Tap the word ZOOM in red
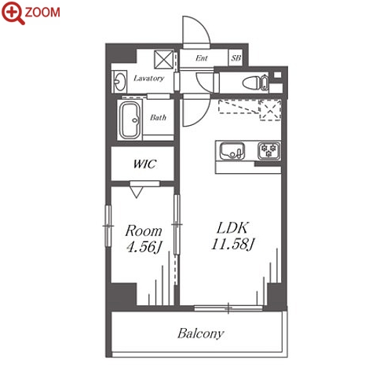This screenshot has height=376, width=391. pos(42,13)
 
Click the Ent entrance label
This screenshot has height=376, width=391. pos(202,58)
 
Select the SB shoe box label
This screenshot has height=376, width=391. pos(236,58)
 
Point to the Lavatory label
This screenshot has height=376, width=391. pos(148,78)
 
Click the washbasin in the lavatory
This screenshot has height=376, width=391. pos(119,82)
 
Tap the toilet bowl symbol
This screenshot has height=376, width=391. pos(255,83)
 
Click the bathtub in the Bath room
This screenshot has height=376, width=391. pos(130,120)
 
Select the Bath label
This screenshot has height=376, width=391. pos(158,117)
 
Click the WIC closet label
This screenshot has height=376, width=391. pos(144,164)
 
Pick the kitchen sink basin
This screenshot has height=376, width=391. pos(232,151)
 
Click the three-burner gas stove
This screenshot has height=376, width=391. pos(269,151)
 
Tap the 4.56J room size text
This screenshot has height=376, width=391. pos(144,247)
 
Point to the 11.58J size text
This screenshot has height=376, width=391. pos(232,244)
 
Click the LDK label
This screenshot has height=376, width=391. pos(232,228)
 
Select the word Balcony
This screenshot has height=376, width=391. pos(201,334)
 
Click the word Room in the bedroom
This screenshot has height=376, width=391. pos(144,231)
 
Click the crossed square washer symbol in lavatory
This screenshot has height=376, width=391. pos(163,60)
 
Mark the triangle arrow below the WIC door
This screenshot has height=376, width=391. pos(137,192)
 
